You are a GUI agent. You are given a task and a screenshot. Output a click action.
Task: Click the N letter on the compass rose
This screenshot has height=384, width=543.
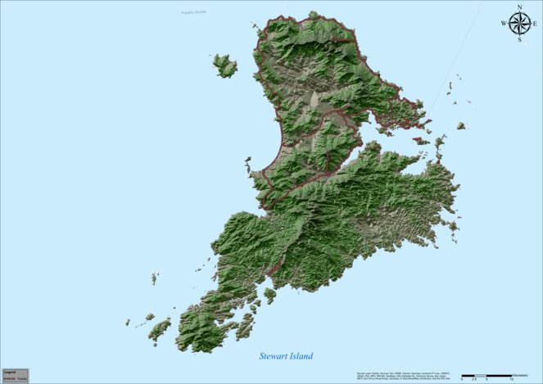519,7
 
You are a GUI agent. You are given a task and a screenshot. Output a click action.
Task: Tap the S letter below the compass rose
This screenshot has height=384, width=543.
519,38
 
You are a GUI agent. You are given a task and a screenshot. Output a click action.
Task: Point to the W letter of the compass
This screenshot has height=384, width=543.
504,24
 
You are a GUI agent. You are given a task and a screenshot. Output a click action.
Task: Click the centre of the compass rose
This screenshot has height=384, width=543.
519,23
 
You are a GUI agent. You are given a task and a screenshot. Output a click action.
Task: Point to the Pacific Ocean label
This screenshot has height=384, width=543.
195,11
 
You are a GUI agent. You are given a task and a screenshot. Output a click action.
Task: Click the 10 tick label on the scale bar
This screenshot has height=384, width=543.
511,379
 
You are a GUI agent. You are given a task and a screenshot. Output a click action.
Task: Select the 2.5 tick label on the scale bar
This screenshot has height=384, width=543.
473,379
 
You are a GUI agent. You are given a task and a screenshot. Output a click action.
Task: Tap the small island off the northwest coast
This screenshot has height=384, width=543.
224,66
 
